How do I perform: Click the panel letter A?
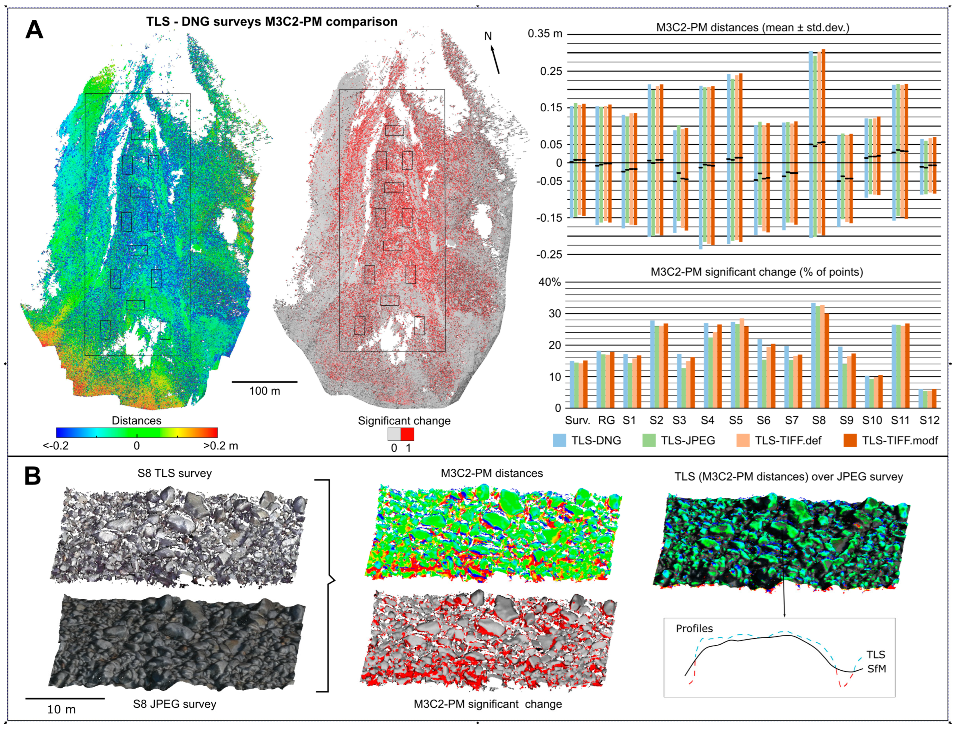point(34,30)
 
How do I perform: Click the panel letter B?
point(32,476)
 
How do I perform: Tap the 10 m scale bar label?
point(61,709)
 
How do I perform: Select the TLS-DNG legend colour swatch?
point(559,440)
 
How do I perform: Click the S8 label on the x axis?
point(819,420)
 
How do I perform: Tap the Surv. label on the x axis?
point(577,420)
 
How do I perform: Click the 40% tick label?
point(550,282)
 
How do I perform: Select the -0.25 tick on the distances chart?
point(549,255)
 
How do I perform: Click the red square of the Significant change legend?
point(407,434)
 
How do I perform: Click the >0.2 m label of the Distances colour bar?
point(220,446)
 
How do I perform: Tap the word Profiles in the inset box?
point(694,628)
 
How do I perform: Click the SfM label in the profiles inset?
point(876,669)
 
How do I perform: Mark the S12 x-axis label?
point(930,420)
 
